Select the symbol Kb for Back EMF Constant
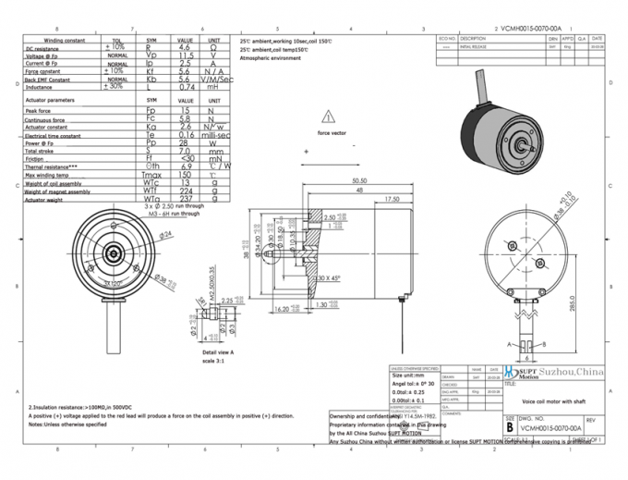[151, 80]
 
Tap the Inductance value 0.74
[185, 87]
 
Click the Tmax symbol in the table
[151, 174]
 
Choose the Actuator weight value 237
[185, 199]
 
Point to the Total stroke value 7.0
[185, 150]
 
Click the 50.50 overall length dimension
[359, 181]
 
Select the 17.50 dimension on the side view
[392, 199]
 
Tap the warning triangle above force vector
[330, 117]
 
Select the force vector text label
[332, 133]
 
